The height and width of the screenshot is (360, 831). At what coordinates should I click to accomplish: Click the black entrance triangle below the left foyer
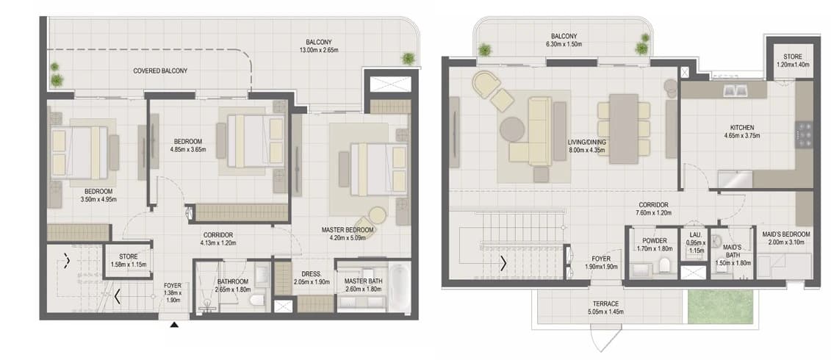click(x=174, y=325)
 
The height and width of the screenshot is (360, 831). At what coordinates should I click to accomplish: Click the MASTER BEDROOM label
click(x=348, y=229)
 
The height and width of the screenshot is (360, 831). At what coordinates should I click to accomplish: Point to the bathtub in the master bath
click(x=398, y=287)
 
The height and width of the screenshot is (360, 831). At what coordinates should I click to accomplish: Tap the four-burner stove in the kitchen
click(x=804, y=134)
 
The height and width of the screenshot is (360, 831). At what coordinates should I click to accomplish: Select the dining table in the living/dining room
click(x=624, y=129)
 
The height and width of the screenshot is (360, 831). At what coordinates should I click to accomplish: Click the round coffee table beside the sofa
click(x=512, y=129)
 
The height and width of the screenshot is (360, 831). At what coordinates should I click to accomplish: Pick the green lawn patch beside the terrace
click(x=720, y=307)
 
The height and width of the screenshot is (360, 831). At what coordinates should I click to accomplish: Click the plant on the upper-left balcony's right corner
click(x=408, y=58)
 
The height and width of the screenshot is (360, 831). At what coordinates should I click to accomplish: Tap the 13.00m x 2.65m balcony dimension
click(x=319, y=51)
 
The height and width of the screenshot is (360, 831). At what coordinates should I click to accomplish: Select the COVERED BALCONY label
click(x=160, y=71)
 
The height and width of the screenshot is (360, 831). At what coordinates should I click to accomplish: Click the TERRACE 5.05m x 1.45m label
click(x=605, y=308)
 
